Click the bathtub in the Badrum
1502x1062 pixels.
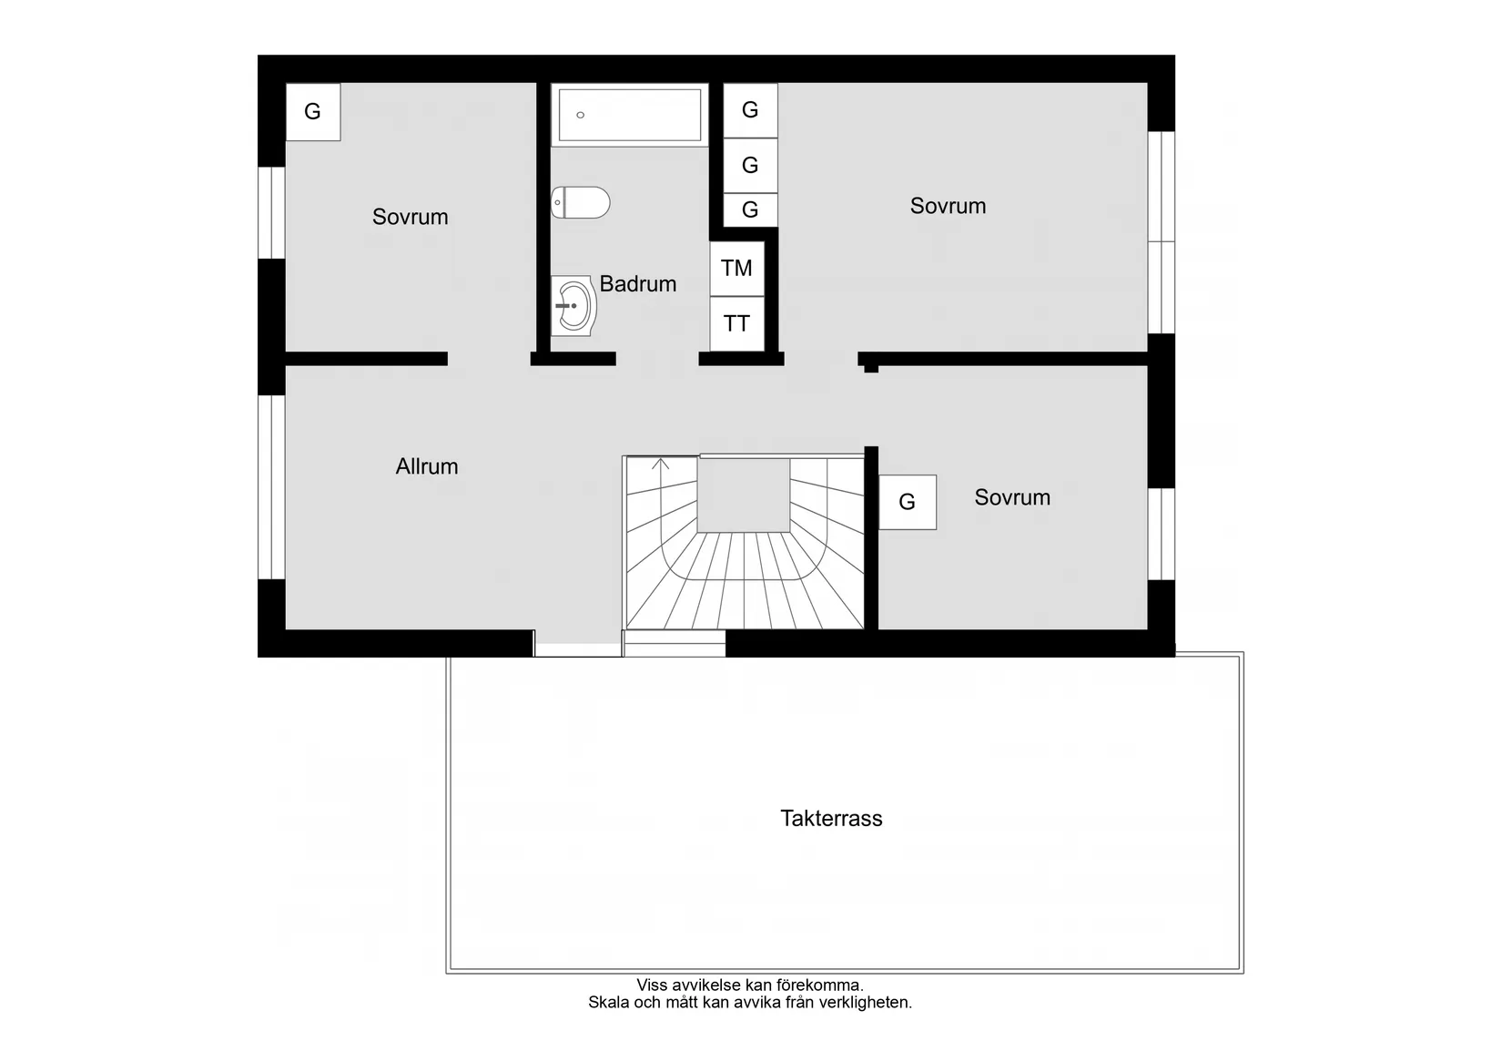[x=629, y=115]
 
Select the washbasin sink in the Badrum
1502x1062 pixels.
[x=573, y=306]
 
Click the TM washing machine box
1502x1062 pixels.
[x=736, y=269]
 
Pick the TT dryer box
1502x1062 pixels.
[x=736, y=323]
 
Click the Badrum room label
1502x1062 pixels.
[x=637, y=284]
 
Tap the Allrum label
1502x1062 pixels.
[x=426, y=466]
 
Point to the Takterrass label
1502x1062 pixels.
[x=831, y=818]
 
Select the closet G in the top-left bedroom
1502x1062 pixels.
[x=312, y=112]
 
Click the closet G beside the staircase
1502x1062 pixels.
[x=907, y=502]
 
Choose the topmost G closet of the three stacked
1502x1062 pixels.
[x=750, y=110]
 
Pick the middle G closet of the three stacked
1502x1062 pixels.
[x=750, y=165]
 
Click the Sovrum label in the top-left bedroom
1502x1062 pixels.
[x=410, y=217]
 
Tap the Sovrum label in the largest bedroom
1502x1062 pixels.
[x=948, y=206]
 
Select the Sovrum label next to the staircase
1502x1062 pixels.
[x=1011, y=497]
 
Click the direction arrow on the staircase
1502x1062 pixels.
[x=661, y=465]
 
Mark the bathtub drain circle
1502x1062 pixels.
[x=581, y=116]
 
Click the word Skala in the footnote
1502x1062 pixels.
[x=608, y=1003]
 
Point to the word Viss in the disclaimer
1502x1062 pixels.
[x=652, y=985]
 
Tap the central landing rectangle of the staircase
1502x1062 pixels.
[x=744, y=495]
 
